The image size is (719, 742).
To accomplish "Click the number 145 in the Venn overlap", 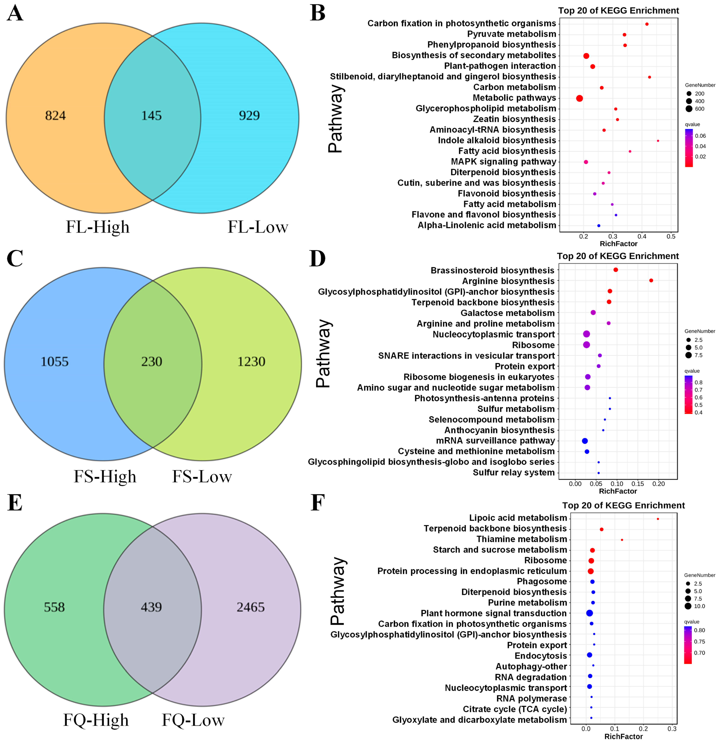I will [151, 115].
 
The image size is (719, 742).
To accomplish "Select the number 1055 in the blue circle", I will [55, 362].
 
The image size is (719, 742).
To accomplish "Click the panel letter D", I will [317, 259].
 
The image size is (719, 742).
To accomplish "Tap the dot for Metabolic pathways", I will [579, 98].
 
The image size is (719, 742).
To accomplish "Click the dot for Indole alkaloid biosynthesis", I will [658, 141].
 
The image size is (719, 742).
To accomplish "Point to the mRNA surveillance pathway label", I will [495, 441].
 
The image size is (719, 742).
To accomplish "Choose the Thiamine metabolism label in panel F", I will [522, 539].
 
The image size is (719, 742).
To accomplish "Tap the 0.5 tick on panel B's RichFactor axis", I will [671, 237].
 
